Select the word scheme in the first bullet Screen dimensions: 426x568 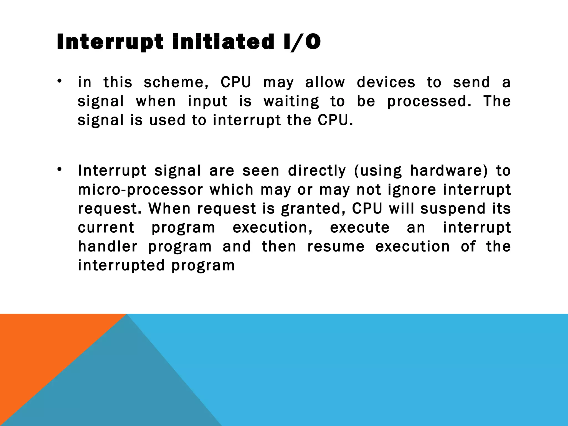[176, 82]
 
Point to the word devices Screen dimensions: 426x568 [386, 82]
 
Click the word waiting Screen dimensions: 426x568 [291, 101]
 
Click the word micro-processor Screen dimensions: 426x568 [141, 190]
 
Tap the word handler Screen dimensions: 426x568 [108, 246]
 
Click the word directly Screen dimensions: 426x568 [317, 171]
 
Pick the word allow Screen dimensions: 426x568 [325, 82]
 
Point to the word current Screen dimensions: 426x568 [106, 227]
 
